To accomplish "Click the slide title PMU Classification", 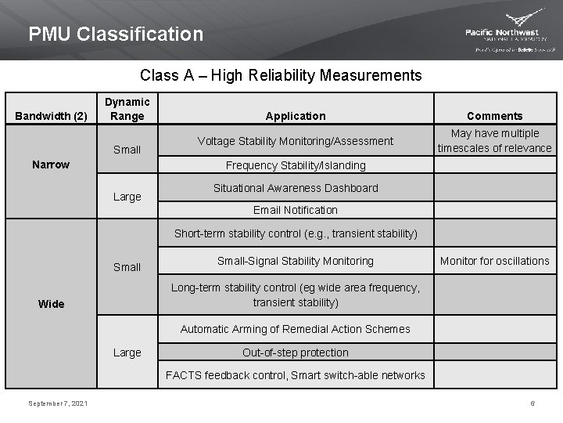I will click(x=116, y=34).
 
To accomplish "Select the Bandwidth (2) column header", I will click(x=51, y=117).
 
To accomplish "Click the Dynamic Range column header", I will click(x=127, y=109).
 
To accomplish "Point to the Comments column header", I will click(x=494, y=116).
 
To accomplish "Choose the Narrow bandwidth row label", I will click(x=51, y=164).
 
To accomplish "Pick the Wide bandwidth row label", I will click(x=51, y=304).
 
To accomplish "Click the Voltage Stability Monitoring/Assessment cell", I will click(x=296, y=141).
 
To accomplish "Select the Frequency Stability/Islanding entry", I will click(x=296, y=165).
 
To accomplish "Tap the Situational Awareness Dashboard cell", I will click(x=296, y=188).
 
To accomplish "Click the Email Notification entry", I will click(x=296, y=210).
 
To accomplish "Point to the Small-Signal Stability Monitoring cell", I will click(x=296, y=261).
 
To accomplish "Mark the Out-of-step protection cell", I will click(x=296, y=352).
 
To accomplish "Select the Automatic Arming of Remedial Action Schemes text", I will click(x=296, y=329).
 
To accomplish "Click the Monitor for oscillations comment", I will click(x=494, y=261).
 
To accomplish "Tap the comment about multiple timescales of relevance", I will click(x=494, y=141).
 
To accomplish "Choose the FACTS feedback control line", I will click(x=296, y=375).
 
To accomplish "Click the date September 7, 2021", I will click(x=58, y=403).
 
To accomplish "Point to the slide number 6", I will click(x=533, y=403).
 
